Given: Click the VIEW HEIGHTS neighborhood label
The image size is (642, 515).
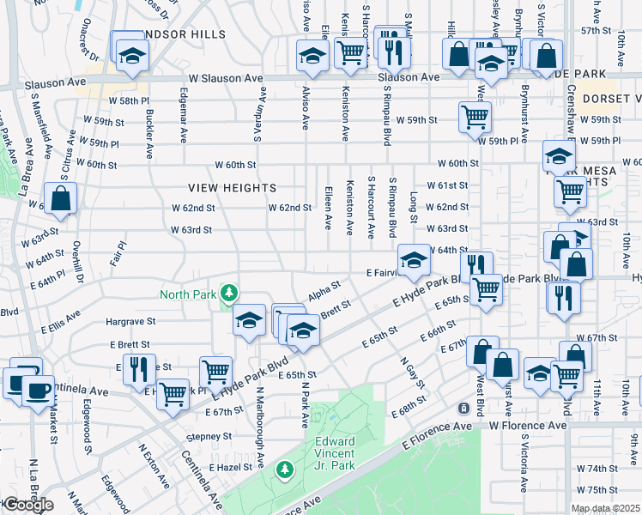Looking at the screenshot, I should [x=233, y=188].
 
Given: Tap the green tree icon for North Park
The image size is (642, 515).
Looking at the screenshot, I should [x=228, y=294].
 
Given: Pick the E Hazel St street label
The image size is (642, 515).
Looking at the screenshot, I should [x=229, y=467].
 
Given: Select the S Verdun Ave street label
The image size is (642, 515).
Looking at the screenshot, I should [x=257, y=118].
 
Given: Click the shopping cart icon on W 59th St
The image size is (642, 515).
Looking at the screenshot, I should [x=475, y=116].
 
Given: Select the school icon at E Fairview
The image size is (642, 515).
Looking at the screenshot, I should [x=414, y=259].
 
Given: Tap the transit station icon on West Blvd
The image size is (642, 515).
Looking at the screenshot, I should [x=463, y=407].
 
